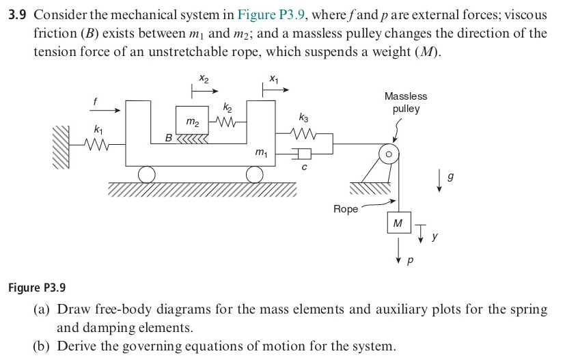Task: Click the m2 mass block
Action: point(193,120)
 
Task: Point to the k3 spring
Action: point(303,134)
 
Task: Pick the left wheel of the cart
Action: point(146,176)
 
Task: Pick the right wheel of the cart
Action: point(254,176)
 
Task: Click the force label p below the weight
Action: point(411,260)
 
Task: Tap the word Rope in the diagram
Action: point(345,209)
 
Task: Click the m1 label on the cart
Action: point(260,154)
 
